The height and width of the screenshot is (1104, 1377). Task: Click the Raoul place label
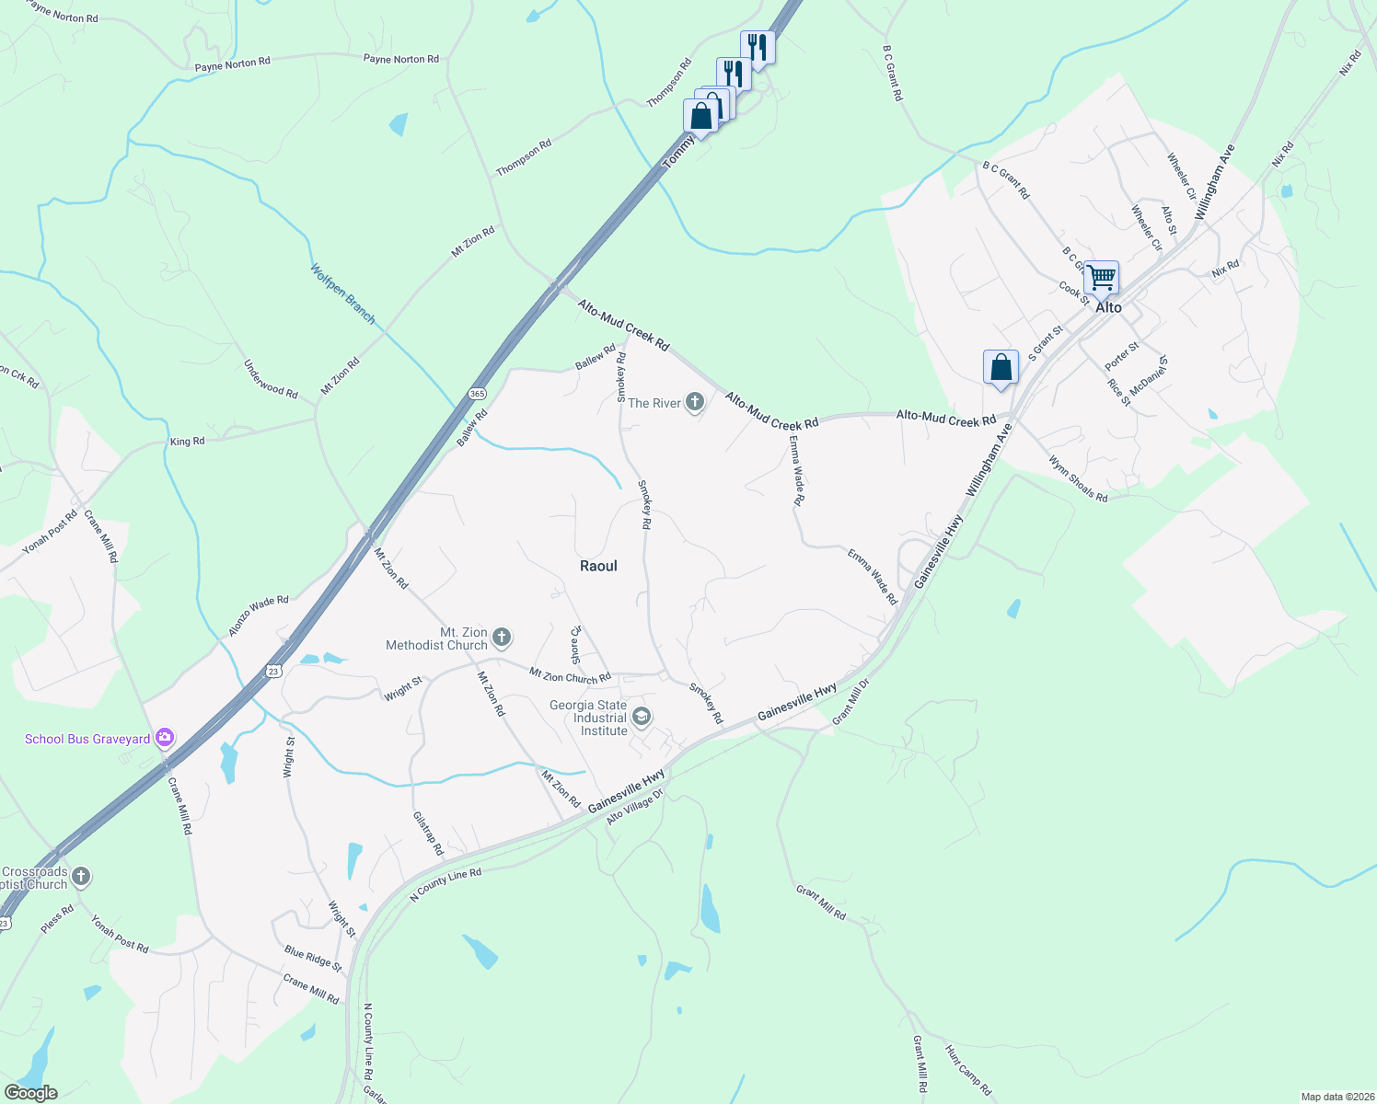[598, 566]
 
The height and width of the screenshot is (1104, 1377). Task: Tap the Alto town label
[1108, 307]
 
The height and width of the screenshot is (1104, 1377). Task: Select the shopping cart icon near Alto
[1101, 276]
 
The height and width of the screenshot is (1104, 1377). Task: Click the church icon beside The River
[695, 402]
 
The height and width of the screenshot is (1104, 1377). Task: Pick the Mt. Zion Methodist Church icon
[502, 637]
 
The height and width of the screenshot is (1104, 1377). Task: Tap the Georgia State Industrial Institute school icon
[642, 717]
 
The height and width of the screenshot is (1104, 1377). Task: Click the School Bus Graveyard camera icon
[165, 737]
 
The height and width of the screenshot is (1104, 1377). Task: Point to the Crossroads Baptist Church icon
[81, 876]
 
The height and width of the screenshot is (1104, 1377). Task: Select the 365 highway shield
[477, 394]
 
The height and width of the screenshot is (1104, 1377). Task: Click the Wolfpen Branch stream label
[342, 294]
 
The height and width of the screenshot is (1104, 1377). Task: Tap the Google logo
[30, 1093]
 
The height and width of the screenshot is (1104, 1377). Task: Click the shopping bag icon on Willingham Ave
[1001, 367]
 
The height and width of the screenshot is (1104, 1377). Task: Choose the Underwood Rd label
[271, 379]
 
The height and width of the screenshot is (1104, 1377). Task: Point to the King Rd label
[187, 442]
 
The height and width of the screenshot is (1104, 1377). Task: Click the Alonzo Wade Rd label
[259, 615]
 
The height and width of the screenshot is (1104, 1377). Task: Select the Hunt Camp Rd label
[968, 1070]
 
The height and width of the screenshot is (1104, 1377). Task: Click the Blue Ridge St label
[313, 959]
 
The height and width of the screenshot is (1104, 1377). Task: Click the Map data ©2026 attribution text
[1336, 1097]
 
